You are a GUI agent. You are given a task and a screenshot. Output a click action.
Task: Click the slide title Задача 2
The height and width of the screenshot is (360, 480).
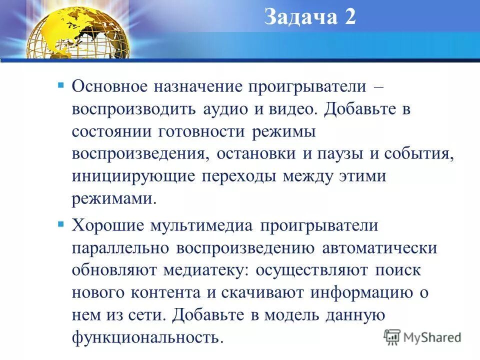point(309,17)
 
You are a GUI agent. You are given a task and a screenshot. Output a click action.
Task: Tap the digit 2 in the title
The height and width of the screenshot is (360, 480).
point(349,17)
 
